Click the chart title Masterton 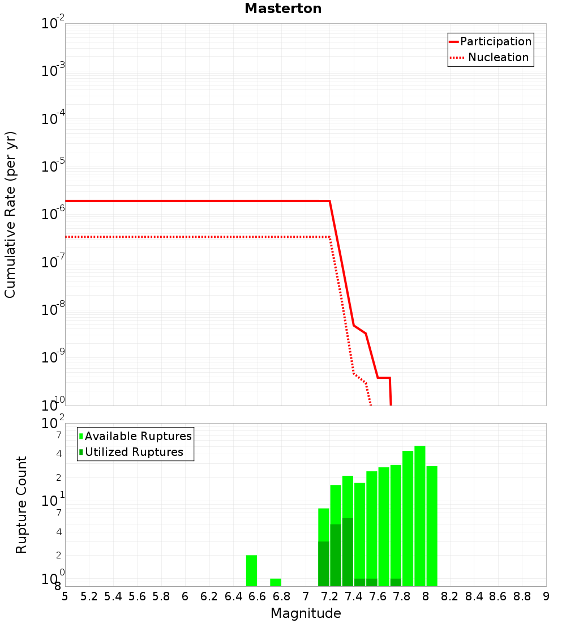pos(283,9)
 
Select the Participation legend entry pos(495,41)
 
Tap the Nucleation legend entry pos(498,57)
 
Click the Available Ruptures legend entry pos(138,436)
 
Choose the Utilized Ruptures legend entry pos(134,452)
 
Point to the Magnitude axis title pos(306,613)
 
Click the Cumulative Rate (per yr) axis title pos(10,215)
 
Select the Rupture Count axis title pos(22,505)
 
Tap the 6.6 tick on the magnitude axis pos(258,596)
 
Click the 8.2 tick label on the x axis pos(450,596)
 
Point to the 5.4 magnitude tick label pos(113,596)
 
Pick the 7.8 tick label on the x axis pos(402,596)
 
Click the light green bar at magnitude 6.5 pos(251,570)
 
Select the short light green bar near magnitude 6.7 pos(276,582)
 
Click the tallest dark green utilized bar pos(348,552)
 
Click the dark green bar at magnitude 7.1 pos(324,564)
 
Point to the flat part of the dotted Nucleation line pos(198,236)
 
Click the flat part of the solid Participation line pos(198,201)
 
